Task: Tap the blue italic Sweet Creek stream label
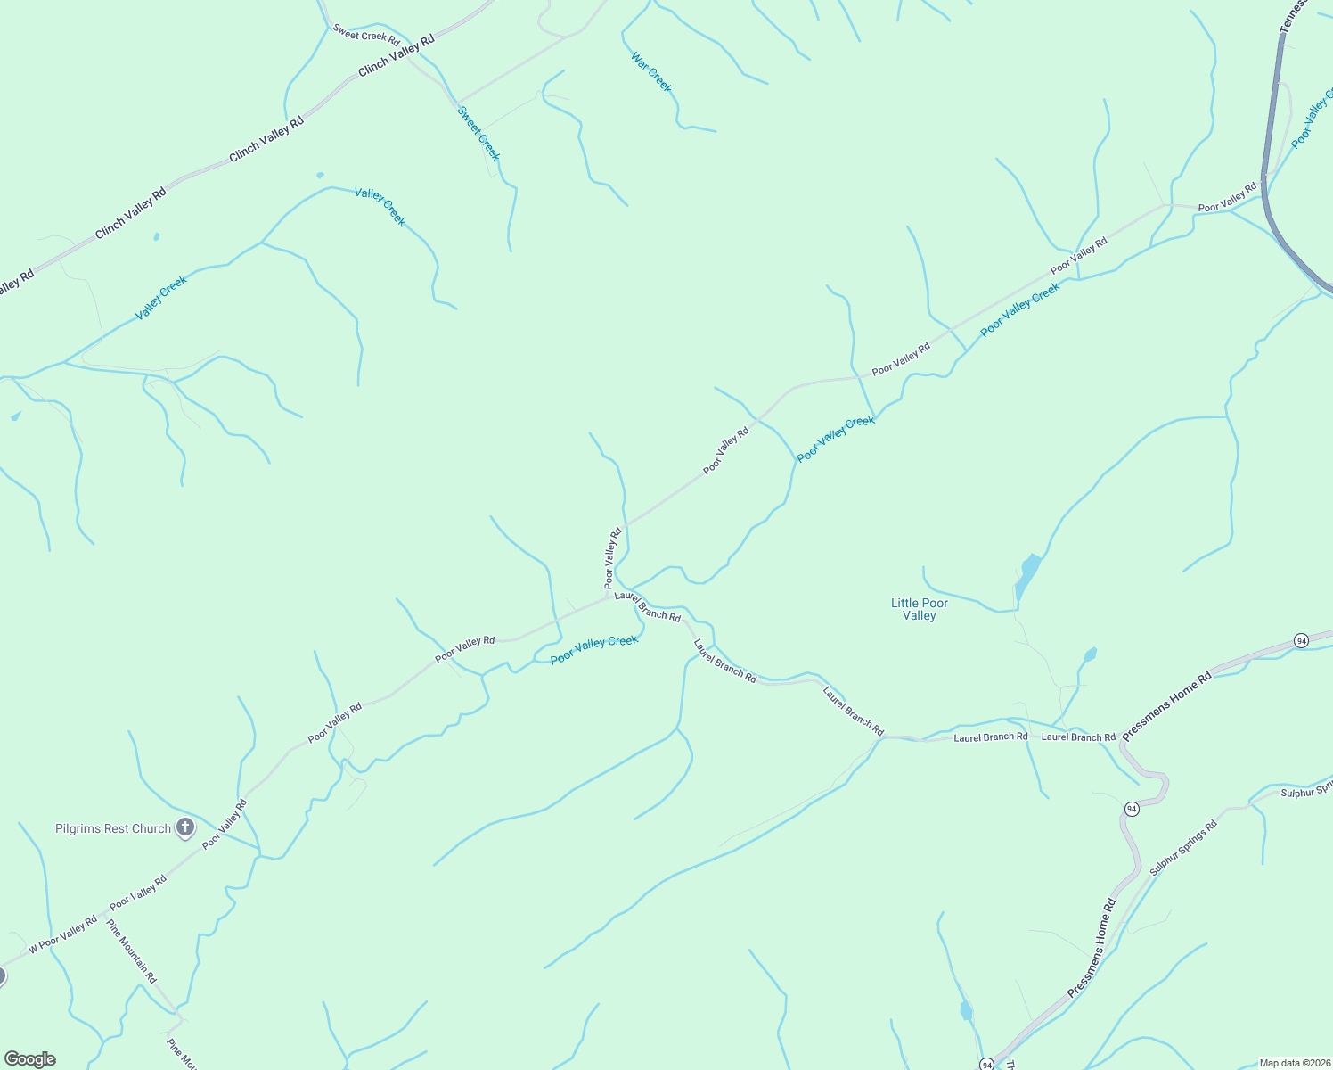[x=478, y=134]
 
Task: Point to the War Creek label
[x=651, y=73]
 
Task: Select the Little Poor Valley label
[x=920, y=609]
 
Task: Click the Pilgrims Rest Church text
[x=113, y=828]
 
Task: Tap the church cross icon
[x=185, y=827]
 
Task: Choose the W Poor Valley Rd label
[x=62, y=935]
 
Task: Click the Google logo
[x=30, y=1059]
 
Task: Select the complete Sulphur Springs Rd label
[x=1183, y=848]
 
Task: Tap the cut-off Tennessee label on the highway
[x=1292, y=16]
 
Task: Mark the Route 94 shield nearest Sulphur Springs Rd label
[x=1132, y=809]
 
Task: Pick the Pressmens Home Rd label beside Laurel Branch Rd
[x=1166, y=706]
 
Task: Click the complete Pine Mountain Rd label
[x=132, y=952]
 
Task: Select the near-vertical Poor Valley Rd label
[x=612, y=558]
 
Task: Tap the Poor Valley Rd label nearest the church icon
[x=224, y=825]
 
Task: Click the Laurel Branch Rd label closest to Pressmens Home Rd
[x=1078, y=737]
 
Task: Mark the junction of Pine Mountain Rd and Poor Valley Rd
[x=105, y=916]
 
